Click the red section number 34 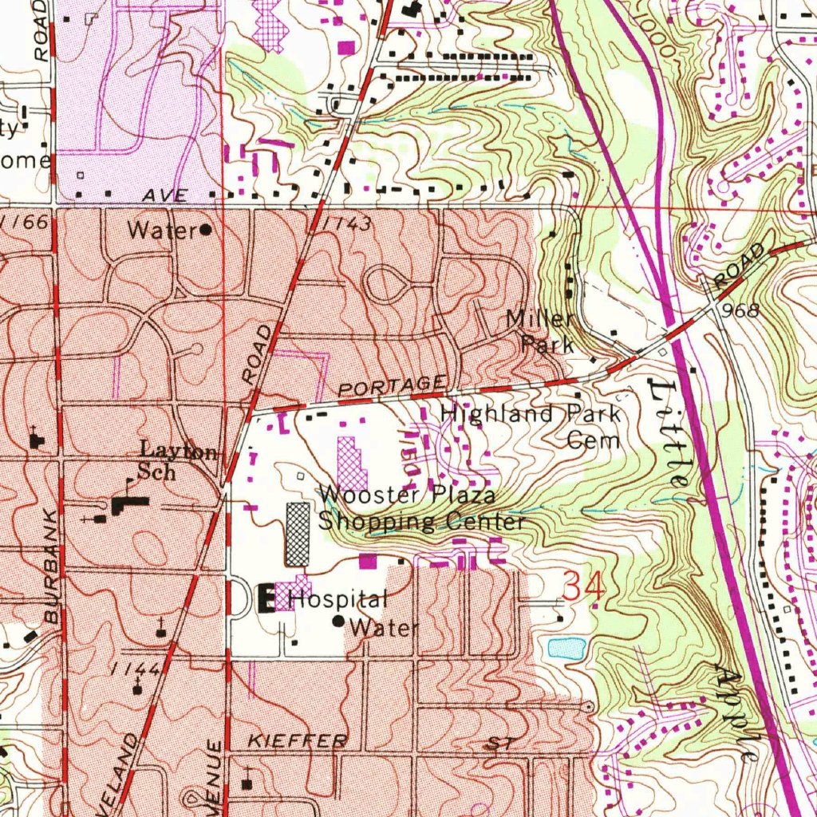[584, 587]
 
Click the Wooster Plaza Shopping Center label [421, 509]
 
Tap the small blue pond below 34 [567, 647]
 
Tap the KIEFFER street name [297, 741]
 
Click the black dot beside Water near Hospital [338, 621]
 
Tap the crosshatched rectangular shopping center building [298, 534]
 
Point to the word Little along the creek [669, 433]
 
